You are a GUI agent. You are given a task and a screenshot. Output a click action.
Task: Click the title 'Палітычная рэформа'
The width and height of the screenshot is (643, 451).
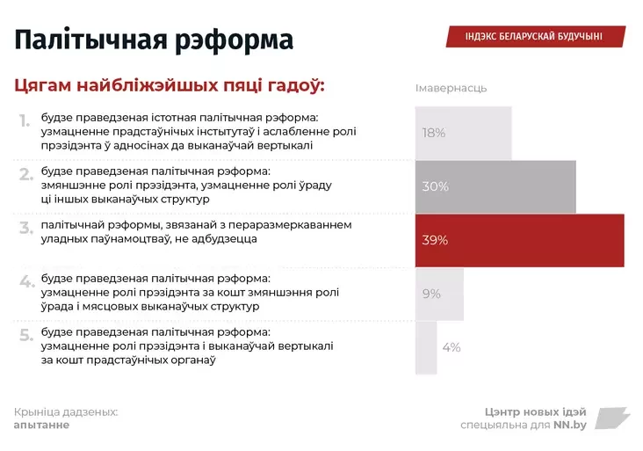click(154, 40)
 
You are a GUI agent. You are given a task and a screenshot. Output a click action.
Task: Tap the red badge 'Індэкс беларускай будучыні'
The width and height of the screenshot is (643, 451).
click(534, 36)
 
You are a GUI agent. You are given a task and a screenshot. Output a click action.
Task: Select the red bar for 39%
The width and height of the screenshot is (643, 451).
click(519, 240)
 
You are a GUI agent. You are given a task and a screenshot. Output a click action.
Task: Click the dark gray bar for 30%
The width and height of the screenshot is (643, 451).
click(495, 186)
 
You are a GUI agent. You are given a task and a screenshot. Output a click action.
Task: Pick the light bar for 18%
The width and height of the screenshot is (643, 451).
click(463, 133)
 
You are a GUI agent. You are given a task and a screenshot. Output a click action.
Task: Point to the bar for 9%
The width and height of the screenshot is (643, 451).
click(439, 294)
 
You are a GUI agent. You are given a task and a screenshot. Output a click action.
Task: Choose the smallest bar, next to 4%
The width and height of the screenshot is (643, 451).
click(426, 347)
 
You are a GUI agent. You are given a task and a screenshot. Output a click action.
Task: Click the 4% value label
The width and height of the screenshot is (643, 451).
click(452, 347)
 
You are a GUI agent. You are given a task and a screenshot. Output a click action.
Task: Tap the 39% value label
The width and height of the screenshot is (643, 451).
click(435, 240)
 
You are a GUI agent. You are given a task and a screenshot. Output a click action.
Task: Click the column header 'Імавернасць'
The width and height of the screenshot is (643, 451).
click(451, 88)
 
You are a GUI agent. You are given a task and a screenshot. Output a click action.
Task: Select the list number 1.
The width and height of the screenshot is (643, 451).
click(25, 120)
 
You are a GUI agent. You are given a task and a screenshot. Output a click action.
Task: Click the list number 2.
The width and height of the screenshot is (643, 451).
click(26, 174)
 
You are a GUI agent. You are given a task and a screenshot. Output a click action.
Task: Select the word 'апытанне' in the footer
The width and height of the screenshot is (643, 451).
click(41, 425)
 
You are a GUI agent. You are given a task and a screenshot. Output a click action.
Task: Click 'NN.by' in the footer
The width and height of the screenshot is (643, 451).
click(569, 426)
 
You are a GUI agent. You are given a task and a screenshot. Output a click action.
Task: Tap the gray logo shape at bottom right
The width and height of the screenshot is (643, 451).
click(612, 418)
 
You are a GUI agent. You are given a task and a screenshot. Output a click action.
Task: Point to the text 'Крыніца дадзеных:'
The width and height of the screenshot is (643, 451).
click(66, 411)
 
